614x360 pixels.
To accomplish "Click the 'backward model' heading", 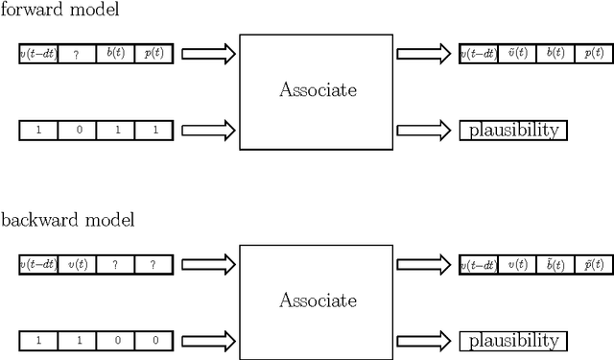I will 68,220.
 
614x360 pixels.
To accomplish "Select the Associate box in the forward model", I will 316,92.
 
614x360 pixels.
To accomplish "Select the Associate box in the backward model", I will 316,301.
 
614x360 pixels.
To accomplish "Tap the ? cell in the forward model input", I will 77,54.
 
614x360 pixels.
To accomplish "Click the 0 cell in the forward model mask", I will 77,131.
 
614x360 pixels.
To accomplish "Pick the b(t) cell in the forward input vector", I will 115,54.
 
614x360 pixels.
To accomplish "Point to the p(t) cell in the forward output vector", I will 595,54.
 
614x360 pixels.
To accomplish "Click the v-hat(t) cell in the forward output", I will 517,54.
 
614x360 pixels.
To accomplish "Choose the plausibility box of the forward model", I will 513,131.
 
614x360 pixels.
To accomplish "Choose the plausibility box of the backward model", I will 513,341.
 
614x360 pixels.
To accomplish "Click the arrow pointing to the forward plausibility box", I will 423,131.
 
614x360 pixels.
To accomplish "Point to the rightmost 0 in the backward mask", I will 153,341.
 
